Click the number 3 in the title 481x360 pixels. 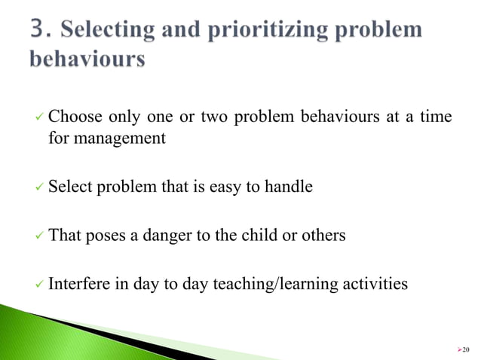point(41,30)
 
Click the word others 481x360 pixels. point(325,236)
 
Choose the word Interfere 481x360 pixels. point(78,284)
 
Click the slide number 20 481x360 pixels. point(464,349)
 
